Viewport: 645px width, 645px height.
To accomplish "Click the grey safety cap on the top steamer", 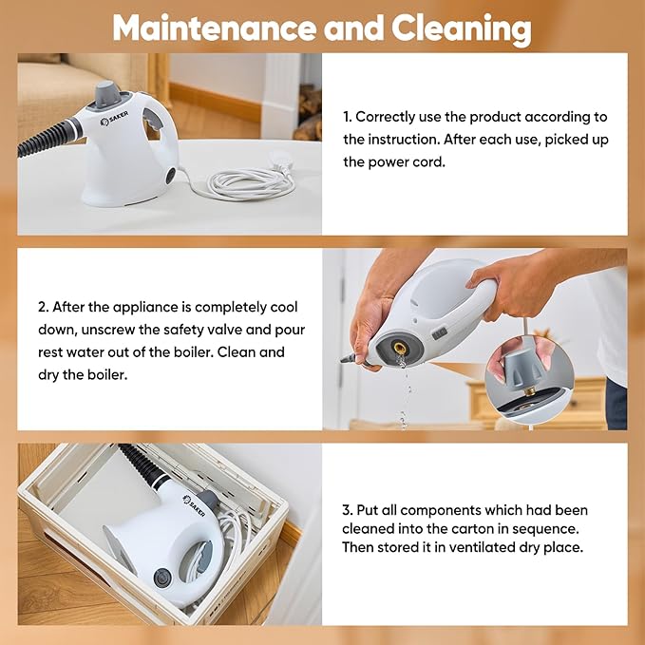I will point(106,91).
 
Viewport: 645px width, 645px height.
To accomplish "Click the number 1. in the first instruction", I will point(348,117).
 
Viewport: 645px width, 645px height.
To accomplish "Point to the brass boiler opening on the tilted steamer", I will point(400,350).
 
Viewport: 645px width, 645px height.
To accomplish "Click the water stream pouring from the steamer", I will point(405,389).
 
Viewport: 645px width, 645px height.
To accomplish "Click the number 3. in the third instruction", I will point(348,509).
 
